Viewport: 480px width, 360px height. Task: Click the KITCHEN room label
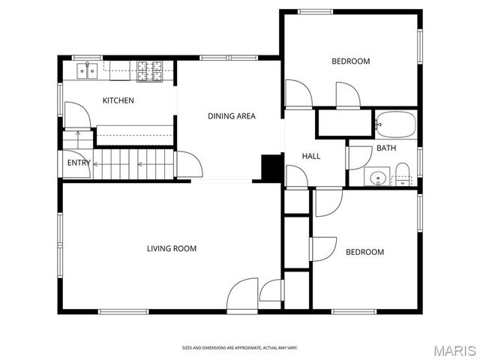point(118,100)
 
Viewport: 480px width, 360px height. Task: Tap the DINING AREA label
point(231,115)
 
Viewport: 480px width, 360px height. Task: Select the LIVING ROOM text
point(171,248)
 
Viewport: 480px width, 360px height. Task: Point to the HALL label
point(311,156)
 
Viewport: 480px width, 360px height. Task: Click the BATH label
point(386,148)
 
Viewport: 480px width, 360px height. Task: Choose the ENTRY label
point(79,163)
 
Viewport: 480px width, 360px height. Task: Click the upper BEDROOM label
point(350,61)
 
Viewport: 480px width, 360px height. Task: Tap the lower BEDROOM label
point(364,252)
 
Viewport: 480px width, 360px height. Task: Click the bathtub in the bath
point(395,124)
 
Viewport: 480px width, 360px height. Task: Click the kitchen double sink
point(88,71)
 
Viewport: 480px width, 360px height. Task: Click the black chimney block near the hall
point(270,167)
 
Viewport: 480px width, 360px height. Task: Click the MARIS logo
point(454,350)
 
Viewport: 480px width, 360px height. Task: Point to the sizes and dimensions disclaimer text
point(240,347)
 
